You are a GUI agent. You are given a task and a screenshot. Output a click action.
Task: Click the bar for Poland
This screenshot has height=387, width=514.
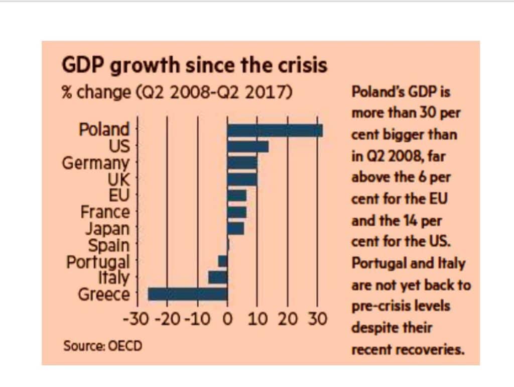pyautogui.click(x=275, y=130)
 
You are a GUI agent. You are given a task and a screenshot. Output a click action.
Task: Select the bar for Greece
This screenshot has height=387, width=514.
pyautogui.click(x=188, y=294)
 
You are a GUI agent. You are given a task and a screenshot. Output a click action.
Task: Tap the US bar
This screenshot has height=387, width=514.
pyautogui.click(x=247, y=147)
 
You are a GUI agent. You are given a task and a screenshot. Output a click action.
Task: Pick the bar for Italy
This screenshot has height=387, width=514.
pyautogui.click(x=218, y=277)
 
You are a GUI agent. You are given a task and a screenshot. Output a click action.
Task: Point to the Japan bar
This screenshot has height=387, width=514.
pyautogui.click(x=235, y=229)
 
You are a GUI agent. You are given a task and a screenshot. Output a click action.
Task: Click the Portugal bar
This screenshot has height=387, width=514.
pyautogui.click(x=222, y=261)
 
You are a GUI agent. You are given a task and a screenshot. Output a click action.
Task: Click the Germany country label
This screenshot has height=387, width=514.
pyautogui.click(x=95, y=163)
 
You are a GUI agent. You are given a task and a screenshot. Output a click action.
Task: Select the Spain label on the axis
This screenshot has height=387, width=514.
pyautogui.click(x=108, y=246)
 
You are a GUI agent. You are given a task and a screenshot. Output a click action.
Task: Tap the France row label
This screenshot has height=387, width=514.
pyautogui.click(x=105, y=212)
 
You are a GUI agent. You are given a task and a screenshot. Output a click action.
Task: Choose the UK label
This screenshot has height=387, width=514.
pyautogui.click(x=118, y=179)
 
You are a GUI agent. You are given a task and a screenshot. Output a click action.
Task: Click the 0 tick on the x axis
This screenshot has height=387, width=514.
pyautogui.click(x=227, y=319)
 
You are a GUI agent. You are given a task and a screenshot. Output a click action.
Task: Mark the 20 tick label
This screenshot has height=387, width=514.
pyautogui.click(x=288, y=319)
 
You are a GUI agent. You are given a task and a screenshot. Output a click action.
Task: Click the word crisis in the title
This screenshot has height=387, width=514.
pyautogui.click(x=302, y=65)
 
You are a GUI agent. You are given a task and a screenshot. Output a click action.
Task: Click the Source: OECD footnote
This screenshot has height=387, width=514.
pyautogui.click(x=102, y=346)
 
